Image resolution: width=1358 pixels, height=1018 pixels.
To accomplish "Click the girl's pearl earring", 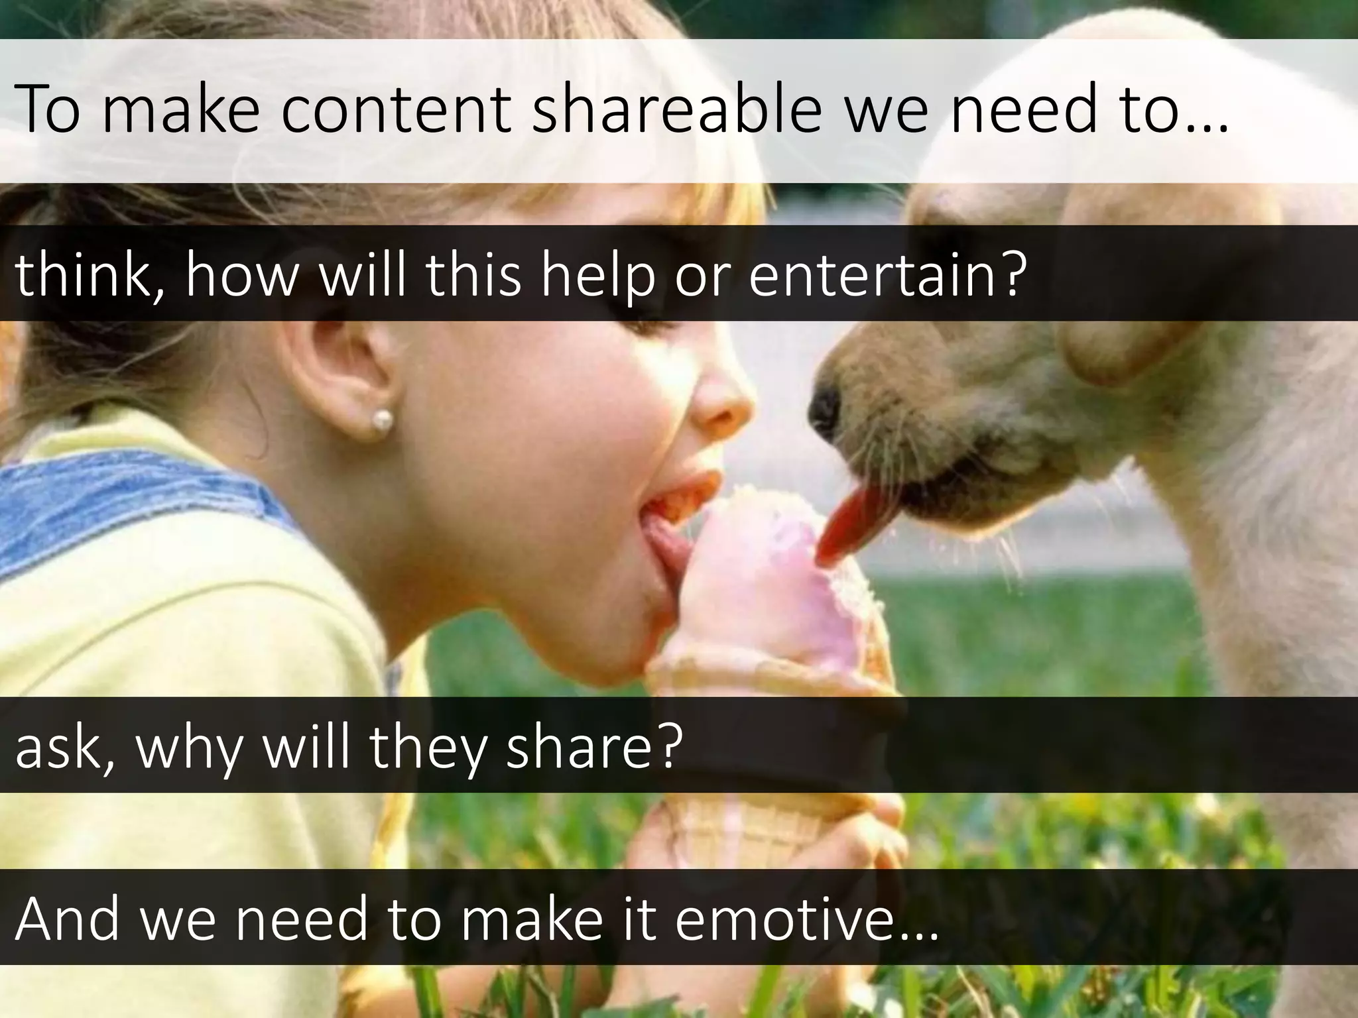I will pyautogui.click(x=383, y=419).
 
